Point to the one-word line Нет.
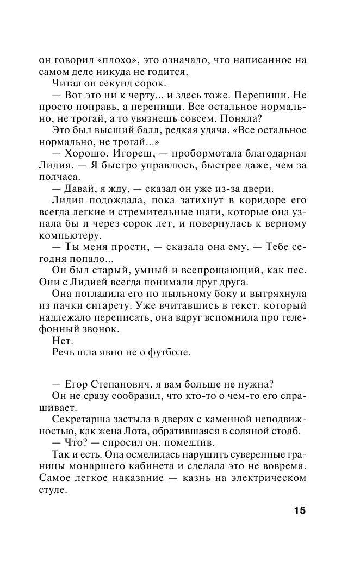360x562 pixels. [x=62, y=340]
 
